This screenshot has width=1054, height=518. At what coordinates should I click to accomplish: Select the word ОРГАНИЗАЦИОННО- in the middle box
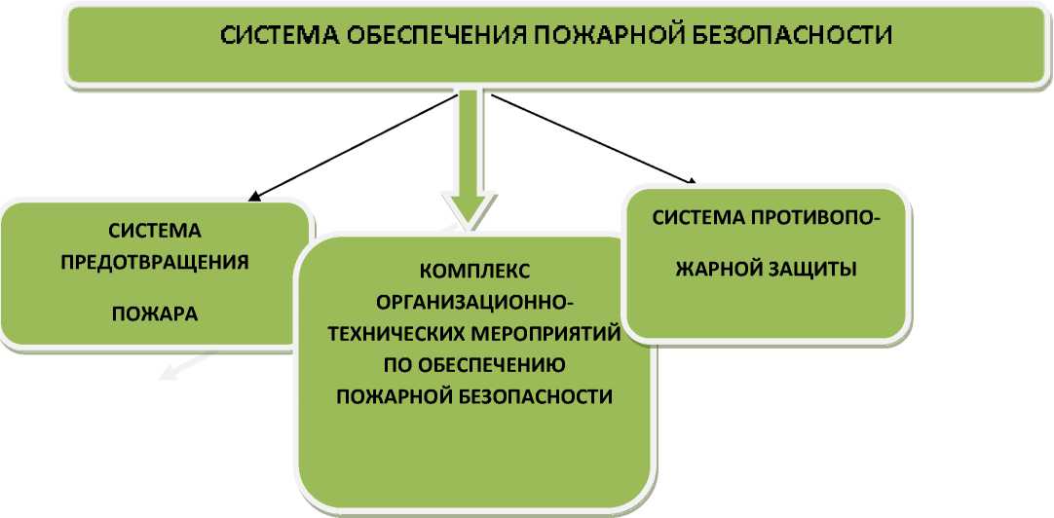[x=474, y=301]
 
